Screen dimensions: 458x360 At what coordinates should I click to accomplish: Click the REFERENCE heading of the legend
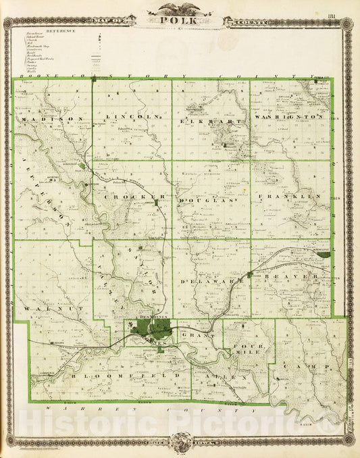pos(61,31)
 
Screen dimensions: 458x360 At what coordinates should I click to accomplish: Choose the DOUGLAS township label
pos(211,201)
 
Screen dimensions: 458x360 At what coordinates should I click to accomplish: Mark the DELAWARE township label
pos(211,278)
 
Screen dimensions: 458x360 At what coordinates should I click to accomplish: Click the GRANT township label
pos(203,334)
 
